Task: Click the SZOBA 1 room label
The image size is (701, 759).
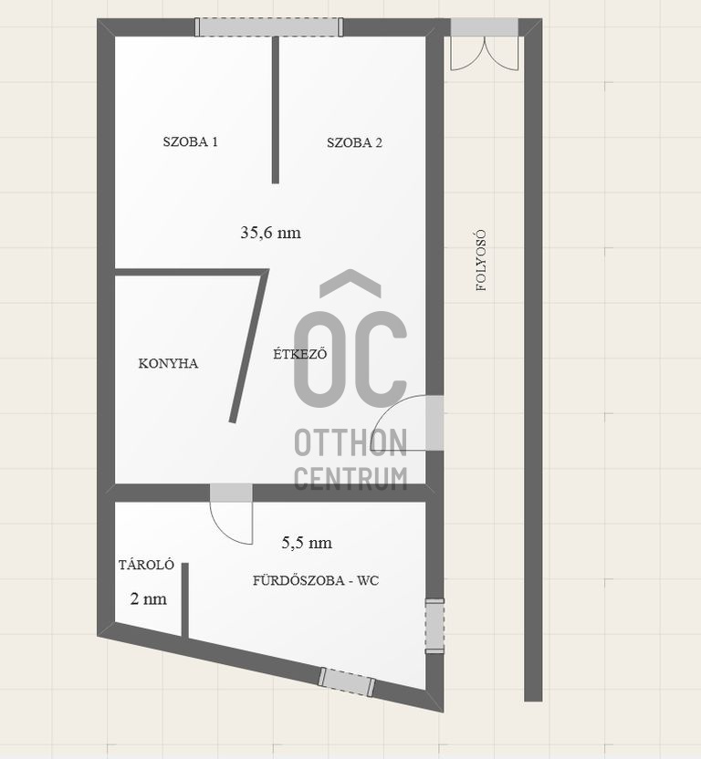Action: (190, 141)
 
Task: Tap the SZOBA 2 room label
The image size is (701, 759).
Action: (354, 143)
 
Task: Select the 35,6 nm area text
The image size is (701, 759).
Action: (270, 233)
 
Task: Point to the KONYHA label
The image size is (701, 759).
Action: (168, 363)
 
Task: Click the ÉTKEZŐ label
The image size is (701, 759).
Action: (300, 353)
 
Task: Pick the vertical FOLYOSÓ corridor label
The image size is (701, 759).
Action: (481, 260)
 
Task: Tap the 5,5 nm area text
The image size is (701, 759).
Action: (307, 543)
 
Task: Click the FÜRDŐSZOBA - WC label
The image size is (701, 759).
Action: (316, 580)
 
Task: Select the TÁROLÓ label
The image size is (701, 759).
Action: (146, 565)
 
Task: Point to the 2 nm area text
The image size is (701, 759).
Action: (148, 599)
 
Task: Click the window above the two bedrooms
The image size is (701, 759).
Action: (269, 27)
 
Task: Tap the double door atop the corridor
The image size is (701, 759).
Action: (485, 45)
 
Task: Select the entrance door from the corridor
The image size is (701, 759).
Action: (407, 423)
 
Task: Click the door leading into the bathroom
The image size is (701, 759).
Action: (231, 513)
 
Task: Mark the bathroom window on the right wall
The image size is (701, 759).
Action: (434, 626)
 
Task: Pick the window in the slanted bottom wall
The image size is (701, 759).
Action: (346, 682)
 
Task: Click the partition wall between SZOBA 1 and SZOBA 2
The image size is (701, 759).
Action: (275, 109)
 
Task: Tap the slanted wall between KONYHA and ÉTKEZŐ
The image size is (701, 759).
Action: (249, 346)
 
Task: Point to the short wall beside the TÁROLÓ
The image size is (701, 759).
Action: (184, 599)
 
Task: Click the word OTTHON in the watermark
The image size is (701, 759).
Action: (350, 443)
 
